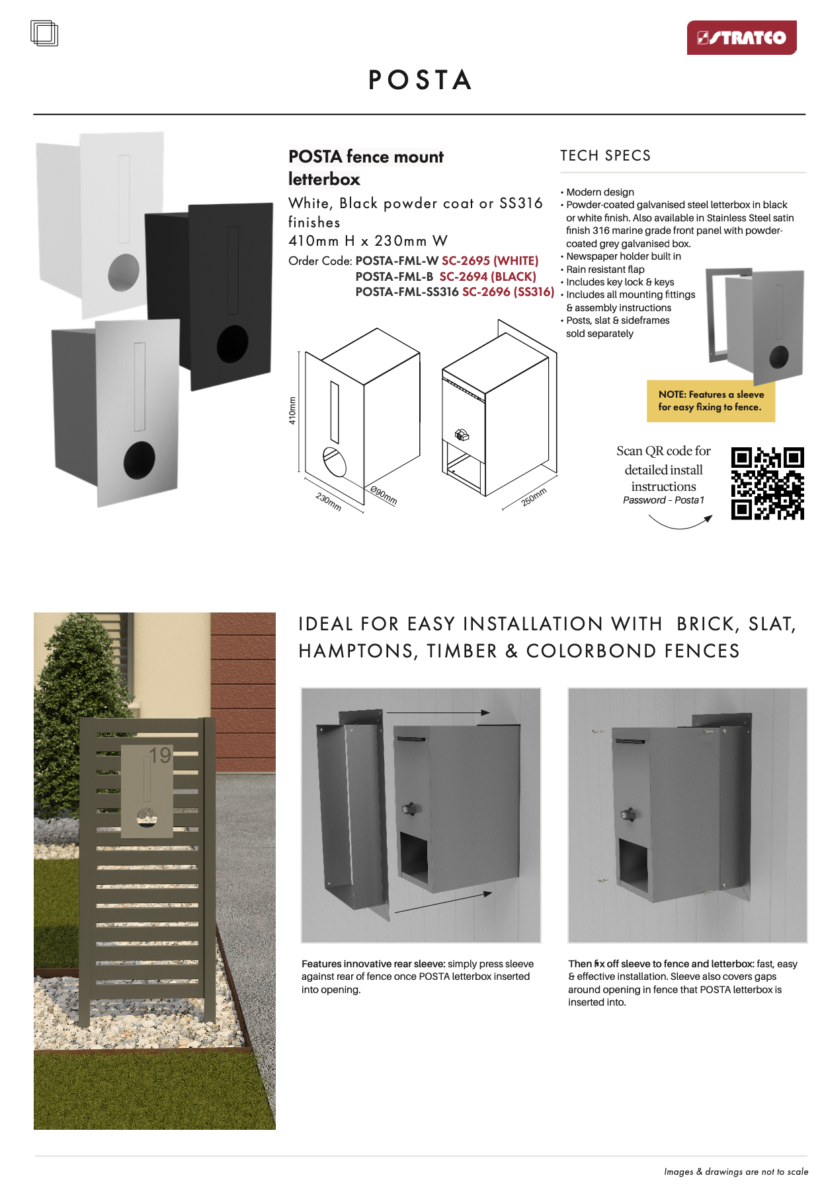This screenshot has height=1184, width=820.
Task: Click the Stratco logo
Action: click(741, 38)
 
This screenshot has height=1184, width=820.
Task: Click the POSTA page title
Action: click(420, 80)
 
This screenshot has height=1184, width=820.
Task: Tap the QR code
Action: click(767, 483)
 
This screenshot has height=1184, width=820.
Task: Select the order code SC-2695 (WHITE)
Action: click(490, 261)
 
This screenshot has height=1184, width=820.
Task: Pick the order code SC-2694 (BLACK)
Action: click(487, 277)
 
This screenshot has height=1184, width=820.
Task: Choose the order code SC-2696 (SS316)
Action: click(508, 292)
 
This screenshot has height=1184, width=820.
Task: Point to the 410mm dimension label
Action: click(292, 410)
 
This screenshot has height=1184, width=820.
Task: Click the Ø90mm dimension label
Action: click(384, 496)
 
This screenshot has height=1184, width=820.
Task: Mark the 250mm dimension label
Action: click(534, 497)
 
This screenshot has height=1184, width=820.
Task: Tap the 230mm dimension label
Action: click(328, 501)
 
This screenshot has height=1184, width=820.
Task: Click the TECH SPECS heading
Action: click(605, 156)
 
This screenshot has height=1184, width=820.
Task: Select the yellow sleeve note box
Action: click(710, 401)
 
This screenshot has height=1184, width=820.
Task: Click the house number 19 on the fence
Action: click(159, 755)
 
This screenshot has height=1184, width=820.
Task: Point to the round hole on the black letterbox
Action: click(232, 344)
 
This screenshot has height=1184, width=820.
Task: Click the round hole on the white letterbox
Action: click(124, 272)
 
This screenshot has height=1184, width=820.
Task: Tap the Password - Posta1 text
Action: click(663, 500)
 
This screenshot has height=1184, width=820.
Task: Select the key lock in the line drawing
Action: click(462, 435)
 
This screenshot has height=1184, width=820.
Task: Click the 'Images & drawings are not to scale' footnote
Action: click(735, 1171)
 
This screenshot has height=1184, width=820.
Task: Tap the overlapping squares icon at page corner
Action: click(44, 34)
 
